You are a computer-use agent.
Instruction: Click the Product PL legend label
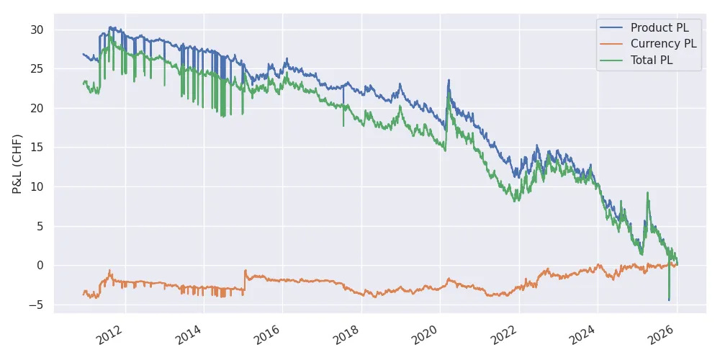pyautogui.click(x=659, y=28)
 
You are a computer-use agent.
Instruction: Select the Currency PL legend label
pyautogui.click(x=663, y=45)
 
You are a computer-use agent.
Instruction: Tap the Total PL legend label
pyautogui.click(x=652, y=61)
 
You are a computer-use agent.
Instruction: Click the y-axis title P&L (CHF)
pyautogui.click(x=17, y=164)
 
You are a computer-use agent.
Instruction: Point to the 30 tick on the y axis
pyautogui.click(x=37, y=30)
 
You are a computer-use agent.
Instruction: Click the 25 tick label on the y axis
pyautogui.click(x=37, y=69)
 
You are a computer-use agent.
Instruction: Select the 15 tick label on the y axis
pyautogui.click(x=37, y=148)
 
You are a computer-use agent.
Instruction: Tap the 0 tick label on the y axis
pyautogui.click(x=40, y=266)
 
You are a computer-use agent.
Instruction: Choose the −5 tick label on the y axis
pyautogui.click(x=37, y=305)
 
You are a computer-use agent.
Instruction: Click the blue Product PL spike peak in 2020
pyautogui.click(x=449, y=80)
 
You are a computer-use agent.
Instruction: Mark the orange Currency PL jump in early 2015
pyautogui.click(x=245, y=271)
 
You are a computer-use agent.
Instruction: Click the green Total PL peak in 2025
pyautogui.click(x=647, y=193)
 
